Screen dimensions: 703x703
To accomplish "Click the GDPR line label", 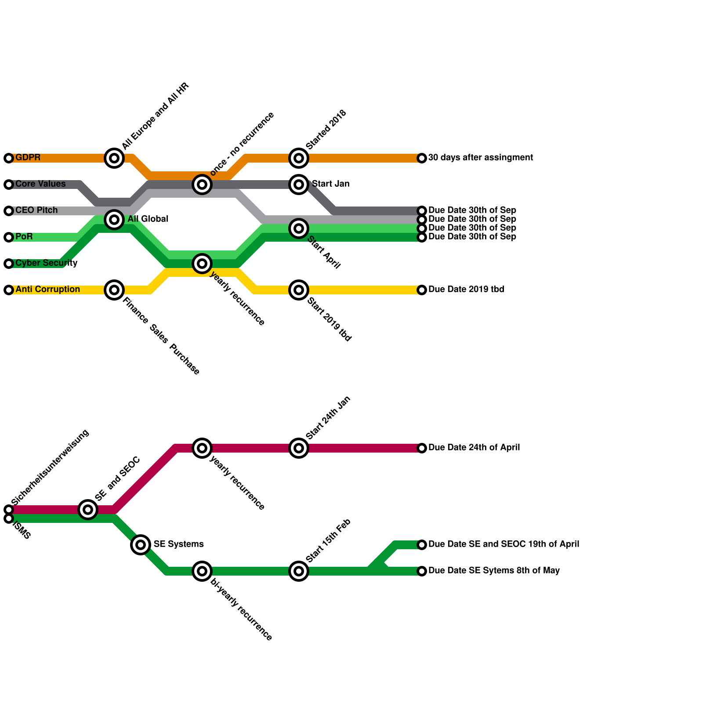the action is (28, 158).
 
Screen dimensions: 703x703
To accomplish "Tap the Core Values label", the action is (40, 184).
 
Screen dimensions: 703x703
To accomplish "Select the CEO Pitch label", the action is (36, 210).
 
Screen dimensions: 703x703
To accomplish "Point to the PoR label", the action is (24, 237).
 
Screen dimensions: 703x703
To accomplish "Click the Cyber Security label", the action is (46, 263).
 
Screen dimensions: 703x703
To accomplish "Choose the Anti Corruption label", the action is (47, 290).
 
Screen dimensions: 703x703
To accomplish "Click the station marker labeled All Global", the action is (114, 219).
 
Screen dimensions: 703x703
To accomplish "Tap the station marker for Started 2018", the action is (299, 158).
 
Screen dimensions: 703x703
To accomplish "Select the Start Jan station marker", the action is (299, 184).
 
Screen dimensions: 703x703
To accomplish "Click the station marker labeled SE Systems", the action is (141, 545).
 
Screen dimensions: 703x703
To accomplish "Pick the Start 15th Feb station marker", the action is (299, 571).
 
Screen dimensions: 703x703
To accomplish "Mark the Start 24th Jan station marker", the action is (299, 448).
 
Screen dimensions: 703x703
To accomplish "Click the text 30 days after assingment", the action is (480, 158).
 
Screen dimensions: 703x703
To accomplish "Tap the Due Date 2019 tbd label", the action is (466, 290).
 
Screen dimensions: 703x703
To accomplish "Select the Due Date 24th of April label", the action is (474, 448).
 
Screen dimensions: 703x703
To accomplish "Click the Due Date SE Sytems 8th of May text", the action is (494, 571).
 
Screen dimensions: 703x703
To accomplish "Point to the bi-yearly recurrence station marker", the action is (202, 571).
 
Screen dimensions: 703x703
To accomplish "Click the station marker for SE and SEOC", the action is (88, 510).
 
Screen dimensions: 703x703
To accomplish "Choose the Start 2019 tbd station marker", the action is (299, 290).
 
